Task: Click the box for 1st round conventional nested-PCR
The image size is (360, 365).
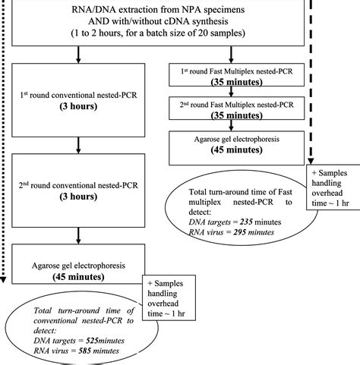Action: click(79, 102)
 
